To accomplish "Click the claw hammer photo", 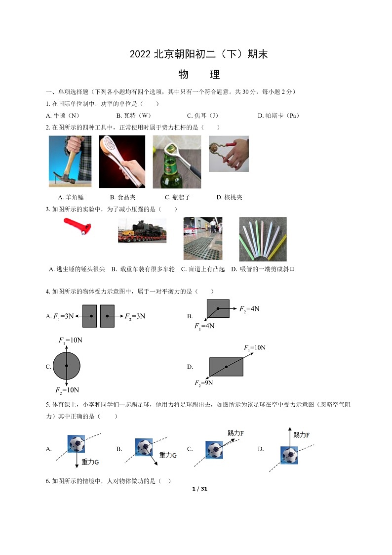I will pyautogui.click(x=70, y=161).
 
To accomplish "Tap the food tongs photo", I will pyautogui.click(x=122, y=162).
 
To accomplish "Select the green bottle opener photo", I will pyautogui.click(x=177, y=162).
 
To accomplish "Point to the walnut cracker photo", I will pyautogui.click(x=228, y=154).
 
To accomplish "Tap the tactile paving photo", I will pyautogui.click(x=202, y=238).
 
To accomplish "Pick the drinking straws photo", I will pyautogui.click(x=263, y=239).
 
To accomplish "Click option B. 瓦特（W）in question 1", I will pyautogui.click(x=134, y=116).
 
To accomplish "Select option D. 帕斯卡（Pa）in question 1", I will pyautogui.click(x=278, y=116).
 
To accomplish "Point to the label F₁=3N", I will pyautogui.click(x=63, y=316).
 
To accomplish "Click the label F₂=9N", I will pyautogui.click(x=204, y=383).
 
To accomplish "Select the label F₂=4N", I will pyautogui.click(x=249, y=309).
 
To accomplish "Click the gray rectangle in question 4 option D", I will pyautogui.click(x=226, y=366).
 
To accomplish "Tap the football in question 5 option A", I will pyautogui.click(x=76, y=444).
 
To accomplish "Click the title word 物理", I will pyautogui.click(x=199, y=75).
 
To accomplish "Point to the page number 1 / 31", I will pyautogui.click(x=199, y=489).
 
